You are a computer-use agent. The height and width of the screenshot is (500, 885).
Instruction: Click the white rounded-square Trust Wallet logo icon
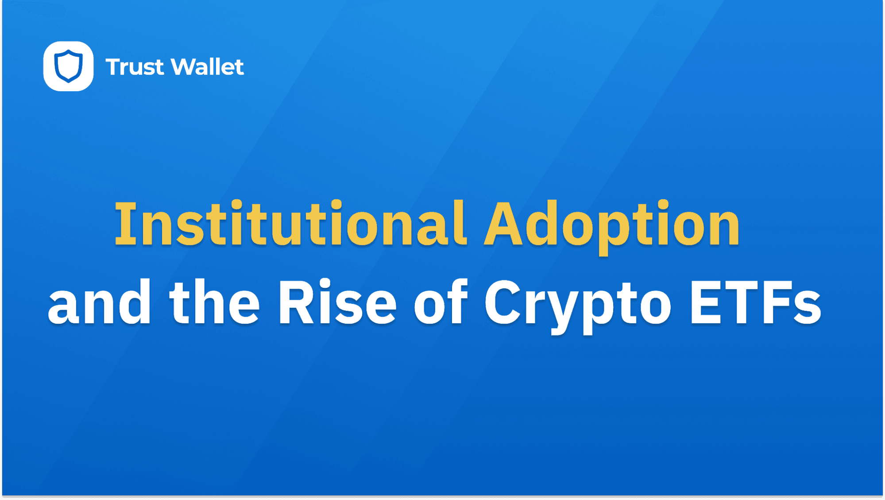click(x=68, y=66)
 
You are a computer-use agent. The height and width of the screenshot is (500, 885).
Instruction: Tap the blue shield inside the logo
click(x=68, y=66)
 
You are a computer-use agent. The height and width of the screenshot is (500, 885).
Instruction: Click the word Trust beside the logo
click(x=135, y=67)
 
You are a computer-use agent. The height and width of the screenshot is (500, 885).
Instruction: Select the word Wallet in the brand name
click(x=207, y=67)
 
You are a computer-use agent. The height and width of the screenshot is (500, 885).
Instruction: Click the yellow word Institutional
click(x=291, y=223)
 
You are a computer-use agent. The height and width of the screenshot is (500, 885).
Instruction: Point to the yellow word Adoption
click(x=612, y=227)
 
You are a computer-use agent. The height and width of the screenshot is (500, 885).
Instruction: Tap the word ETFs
click(x=756, y=303)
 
